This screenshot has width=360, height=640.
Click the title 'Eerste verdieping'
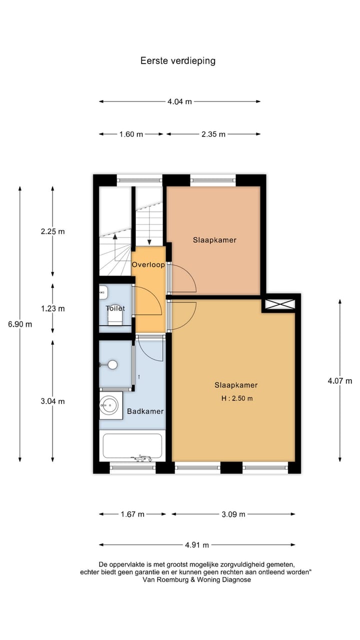[178, 61]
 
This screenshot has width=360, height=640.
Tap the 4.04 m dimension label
[179, 101]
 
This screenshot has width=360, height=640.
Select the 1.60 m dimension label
[131, 134]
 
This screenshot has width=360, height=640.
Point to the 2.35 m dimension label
[213, 134]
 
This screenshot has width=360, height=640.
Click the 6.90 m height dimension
[20, 324]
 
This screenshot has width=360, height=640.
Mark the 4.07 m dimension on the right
[340, 381]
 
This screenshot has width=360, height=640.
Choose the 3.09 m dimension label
[233, 514]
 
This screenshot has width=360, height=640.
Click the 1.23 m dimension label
[52, 308]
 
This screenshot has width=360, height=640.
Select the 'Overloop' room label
[148, 264]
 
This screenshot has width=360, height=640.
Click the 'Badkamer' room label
[145, 411]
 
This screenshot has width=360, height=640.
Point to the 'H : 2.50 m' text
[236, 398]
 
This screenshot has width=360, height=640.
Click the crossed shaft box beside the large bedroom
[280, 303]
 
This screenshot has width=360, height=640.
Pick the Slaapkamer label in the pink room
[214, 240]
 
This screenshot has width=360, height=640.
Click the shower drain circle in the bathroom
[113, 365]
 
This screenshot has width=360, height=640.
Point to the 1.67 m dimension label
[132, 514]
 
